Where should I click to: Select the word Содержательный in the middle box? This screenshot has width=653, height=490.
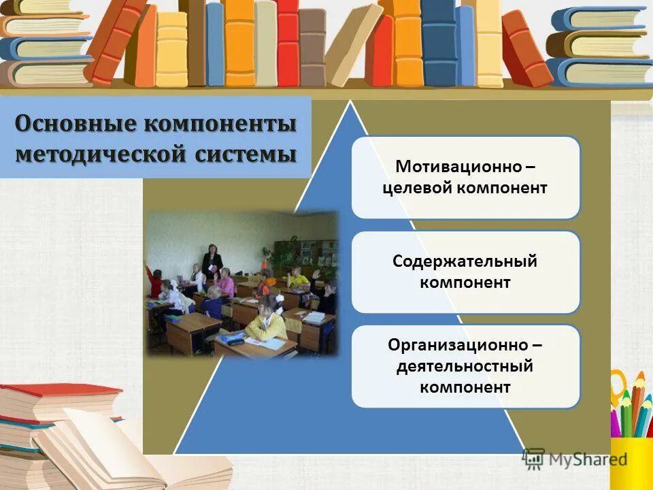point(465,261)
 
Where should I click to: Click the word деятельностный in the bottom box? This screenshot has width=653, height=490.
point(465,366)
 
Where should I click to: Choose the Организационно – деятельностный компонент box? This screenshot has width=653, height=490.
point(465,366)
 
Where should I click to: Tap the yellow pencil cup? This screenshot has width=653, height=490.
point(633,456)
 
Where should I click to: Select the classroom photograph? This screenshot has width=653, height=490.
point(241,282)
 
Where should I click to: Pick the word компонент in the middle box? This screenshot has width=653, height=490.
point(465,282)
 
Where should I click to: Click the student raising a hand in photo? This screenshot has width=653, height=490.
point(154,279)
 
